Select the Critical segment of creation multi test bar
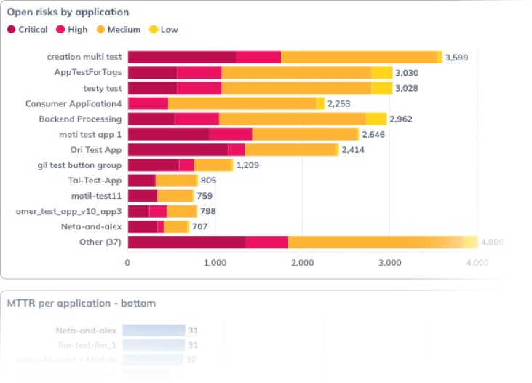pyautogui.click(x=181, y=57)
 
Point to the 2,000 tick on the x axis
pyautogui.click(x=302, y=263)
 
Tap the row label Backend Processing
pyautogui.click(x=80, y=119)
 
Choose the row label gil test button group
pyautogui.click(x=79, y=165)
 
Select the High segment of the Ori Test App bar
pyautogui.click(x=236, y=149)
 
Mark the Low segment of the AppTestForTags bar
pyautogui.click(x=381, y=72)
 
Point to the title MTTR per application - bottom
pyautogui.click(x=82, y=303)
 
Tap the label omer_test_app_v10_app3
pyautogui.click(x=68, y=211)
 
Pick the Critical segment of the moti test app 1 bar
pyautogui.click(x=168, y=134)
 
